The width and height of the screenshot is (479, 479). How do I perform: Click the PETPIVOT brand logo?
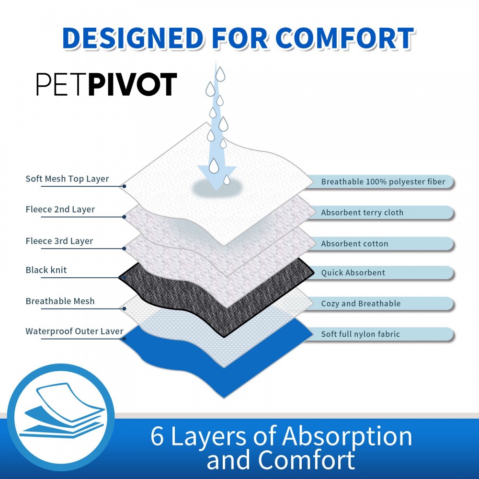(107, 85)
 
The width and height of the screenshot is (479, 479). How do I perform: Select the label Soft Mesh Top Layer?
(67, 179)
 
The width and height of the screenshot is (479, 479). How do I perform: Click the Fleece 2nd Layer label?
(60, 209)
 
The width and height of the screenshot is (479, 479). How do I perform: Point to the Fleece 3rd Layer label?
(59, 241)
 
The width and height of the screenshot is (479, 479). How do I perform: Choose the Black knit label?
(46, 270)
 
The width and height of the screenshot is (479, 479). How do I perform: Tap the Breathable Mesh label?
(60, 301)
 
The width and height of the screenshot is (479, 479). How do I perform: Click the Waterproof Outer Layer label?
(74, 331)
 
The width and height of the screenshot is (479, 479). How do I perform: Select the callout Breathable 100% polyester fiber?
(383, 182)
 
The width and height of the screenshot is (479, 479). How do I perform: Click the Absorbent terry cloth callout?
(362, 213)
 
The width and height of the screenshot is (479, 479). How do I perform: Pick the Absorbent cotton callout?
(354, 244)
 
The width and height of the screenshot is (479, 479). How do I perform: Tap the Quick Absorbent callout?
(353, 273)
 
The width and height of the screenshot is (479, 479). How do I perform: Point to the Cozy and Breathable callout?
(361, 304)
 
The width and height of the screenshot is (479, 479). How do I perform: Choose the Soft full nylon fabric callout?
(360, 334)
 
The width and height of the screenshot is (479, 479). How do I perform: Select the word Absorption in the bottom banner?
(347, 436)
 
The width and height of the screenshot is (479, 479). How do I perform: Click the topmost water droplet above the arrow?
(220, 74)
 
